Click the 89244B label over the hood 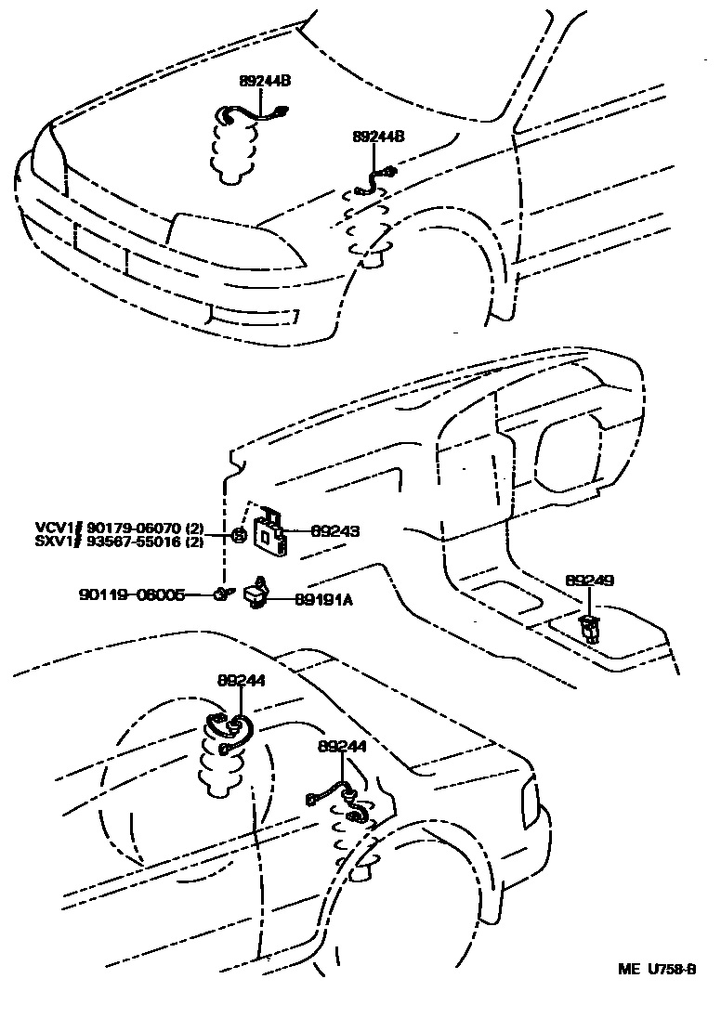(266, 82)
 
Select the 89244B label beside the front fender (378, 137)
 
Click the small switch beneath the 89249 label (588, 627)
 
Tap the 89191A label (323, 600)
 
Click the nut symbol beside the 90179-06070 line (239, 534)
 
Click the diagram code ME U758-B (658, 969)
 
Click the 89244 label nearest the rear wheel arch (341, 746)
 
